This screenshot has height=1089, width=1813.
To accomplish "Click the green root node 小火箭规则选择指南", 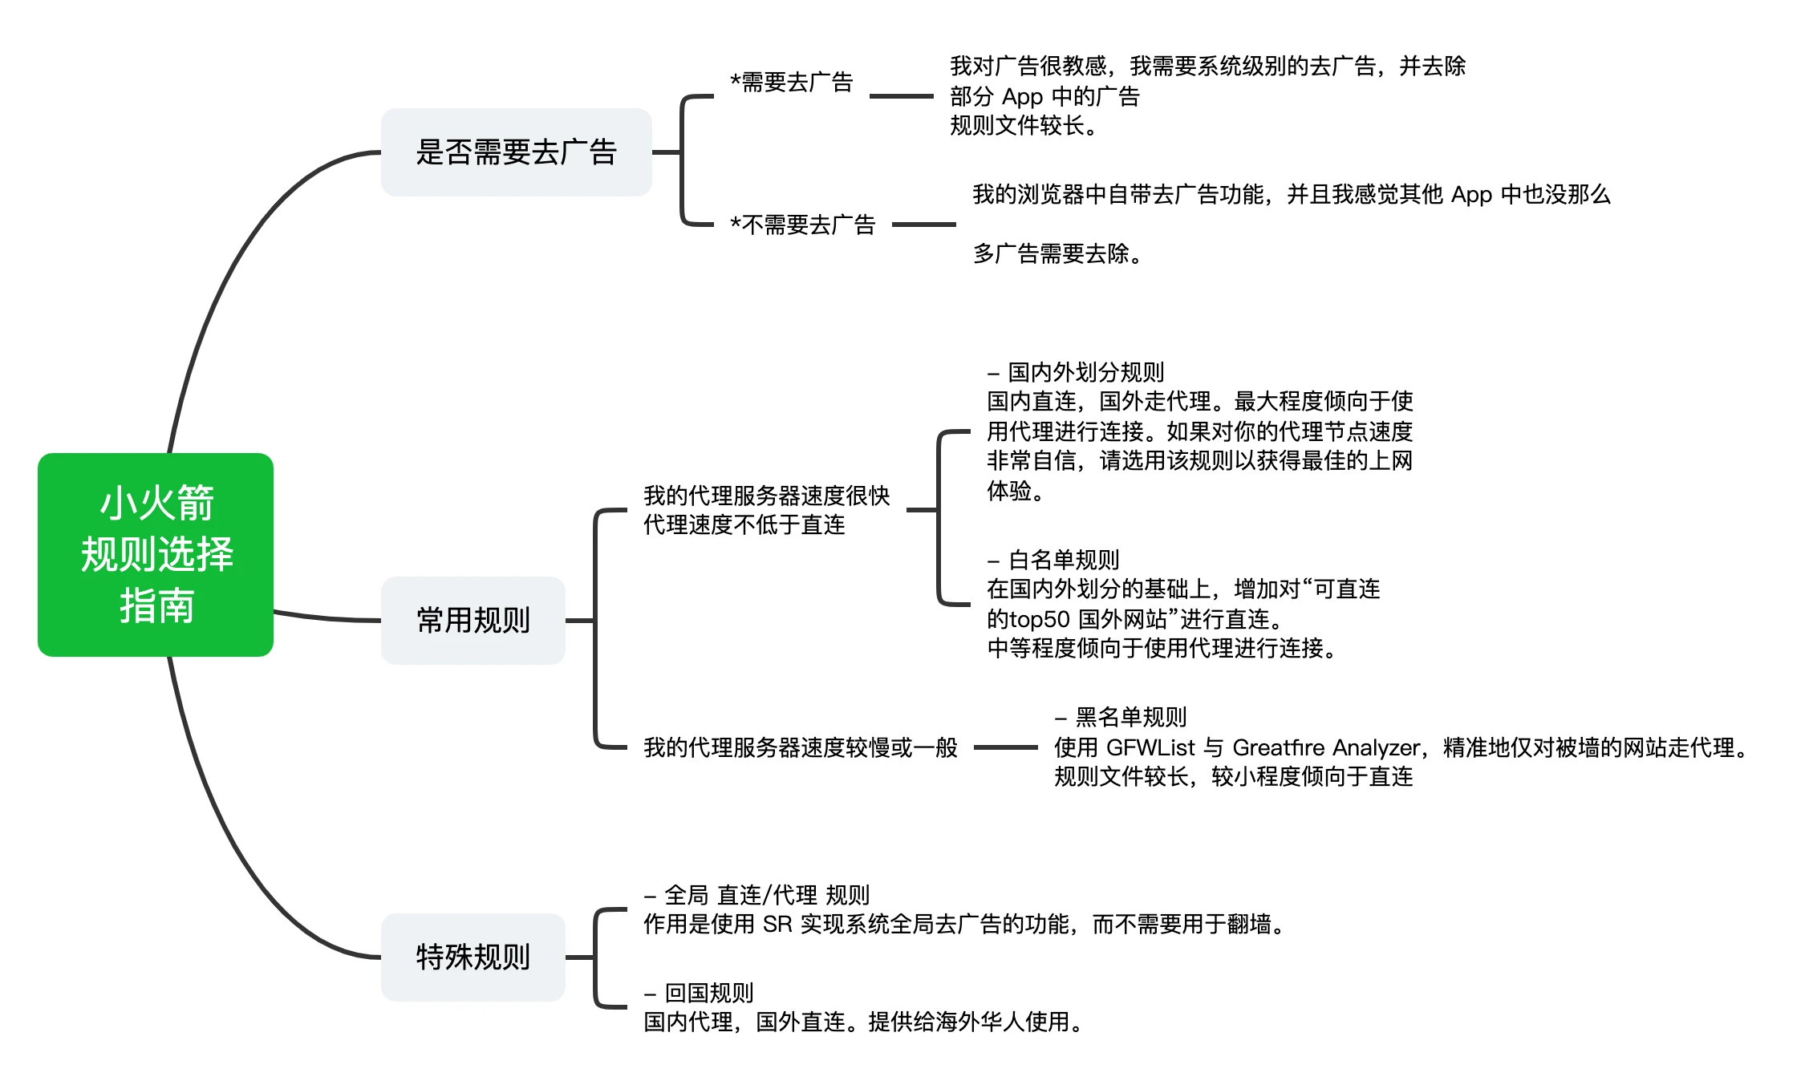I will (x=156, y=555).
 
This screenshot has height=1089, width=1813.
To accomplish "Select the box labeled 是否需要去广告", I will (x=516, y=152).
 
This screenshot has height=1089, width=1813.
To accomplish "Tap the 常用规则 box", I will (x=473, y=620).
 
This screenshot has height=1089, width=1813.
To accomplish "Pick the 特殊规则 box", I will (x=473, y=957).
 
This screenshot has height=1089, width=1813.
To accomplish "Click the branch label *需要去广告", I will (x=791, y=83).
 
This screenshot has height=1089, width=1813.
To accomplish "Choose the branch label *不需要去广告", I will (x=802, y=225).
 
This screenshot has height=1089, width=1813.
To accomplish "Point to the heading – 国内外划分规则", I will (x=1076, y=372).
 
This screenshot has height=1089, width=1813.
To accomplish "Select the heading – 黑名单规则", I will (x=1121, y=717).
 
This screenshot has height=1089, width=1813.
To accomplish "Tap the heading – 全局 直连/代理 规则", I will (x=756, y=895).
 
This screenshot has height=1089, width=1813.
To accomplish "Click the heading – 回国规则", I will (x=699, y=994).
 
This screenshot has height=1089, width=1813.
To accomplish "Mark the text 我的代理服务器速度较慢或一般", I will (x=801, y=748).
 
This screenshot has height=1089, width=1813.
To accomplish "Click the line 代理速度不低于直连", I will (x=744, y=525).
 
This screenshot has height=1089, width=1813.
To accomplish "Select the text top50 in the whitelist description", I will (x=1040, y=619).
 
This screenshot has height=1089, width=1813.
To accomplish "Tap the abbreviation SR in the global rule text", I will (x=777, y=925).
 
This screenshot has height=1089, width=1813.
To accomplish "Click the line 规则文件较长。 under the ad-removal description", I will (x=1024, y=126).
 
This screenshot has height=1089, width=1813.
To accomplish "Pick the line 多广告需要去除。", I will (x=1057, y=254).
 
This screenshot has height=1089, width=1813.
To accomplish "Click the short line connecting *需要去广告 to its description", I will (x=901, y=96).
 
